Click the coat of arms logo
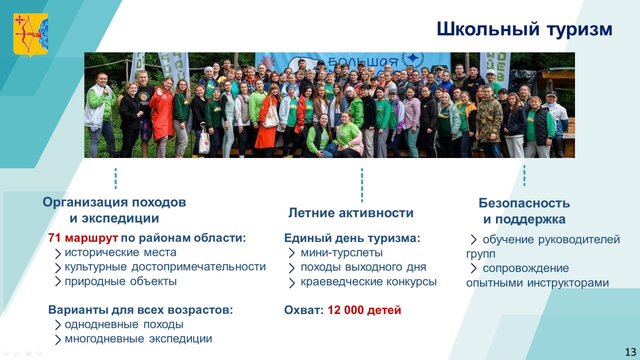(30, 35)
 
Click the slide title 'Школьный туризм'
(524, 29)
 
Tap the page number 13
(630, 351)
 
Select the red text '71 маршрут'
(83, 237)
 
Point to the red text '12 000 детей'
(364, 310)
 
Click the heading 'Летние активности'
(351, 213)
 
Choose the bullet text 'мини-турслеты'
(341, 252)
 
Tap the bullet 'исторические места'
(120, 252)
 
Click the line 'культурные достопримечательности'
(165, 267)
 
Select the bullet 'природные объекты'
(120, 281)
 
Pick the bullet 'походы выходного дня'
(363, 267)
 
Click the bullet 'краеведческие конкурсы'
(368, 281)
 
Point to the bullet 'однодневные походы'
(124, 324)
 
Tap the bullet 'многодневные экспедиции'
(138, 339)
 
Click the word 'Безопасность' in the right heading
(524, 203)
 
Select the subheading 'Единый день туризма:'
(352, 238)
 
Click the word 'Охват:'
(303, 310)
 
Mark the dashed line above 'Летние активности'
(362, 185)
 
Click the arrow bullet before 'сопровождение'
(473, 268)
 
